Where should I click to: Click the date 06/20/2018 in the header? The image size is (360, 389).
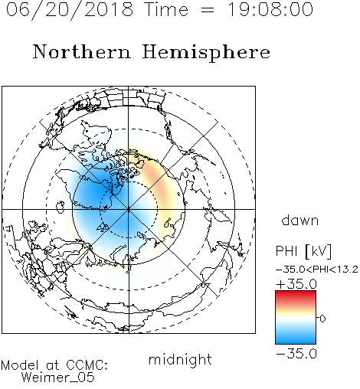click(70, 11)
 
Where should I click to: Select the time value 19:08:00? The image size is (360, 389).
click(270, 9)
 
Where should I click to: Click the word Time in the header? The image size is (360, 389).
click(166, 9)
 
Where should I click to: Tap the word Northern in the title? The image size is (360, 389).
click(82, 51)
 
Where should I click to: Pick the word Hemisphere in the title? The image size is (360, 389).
click(206, 53)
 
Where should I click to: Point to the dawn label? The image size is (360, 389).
click(300, 220)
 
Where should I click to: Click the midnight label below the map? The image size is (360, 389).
click(180, 359)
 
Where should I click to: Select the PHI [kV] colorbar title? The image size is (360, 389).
click(304, 251)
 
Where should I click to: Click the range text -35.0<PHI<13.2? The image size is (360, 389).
click(317, 270)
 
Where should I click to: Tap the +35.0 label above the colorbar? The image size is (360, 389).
click(296, 284)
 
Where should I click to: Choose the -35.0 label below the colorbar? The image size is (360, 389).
click(296, 354)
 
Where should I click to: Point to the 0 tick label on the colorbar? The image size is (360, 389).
click(322, 319)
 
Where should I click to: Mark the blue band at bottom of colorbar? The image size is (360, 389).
click(296, 338)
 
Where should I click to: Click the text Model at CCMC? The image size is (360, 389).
click(54, 365)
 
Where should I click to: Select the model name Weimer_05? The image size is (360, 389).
click(58, 378)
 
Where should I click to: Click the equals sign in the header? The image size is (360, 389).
click(208, 11)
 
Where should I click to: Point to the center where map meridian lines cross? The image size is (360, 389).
click(129, 210)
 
